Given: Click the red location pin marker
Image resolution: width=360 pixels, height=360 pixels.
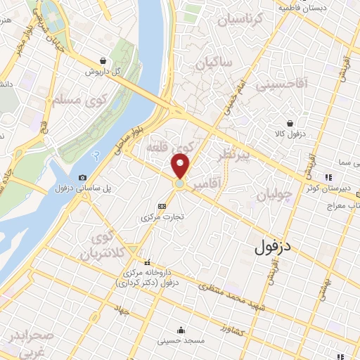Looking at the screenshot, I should (181, 166).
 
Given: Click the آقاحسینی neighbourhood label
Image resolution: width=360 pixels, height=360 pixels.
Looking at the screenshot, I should (281, 86).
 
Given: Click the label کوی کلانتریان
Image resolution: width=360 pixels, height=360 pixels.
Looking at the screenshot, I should (102, 245).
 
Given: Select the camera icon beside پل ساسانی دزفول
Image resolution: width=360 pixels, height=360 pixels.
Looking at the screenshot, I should (83, 177).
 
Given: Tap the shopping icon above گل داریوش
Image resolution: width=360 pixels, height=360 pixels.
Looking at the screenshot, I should (103, 61).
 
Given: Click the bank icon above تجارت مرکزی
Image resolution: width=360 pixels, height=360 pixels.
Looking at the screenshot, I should (162, 205).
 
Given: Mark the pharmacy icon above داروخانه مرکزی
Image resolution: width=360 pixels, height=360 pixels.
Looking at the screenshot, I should (147, 262).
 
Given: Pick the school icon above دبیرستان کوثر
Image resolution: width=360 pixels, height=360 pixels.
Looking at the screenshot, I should (327, 177).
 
